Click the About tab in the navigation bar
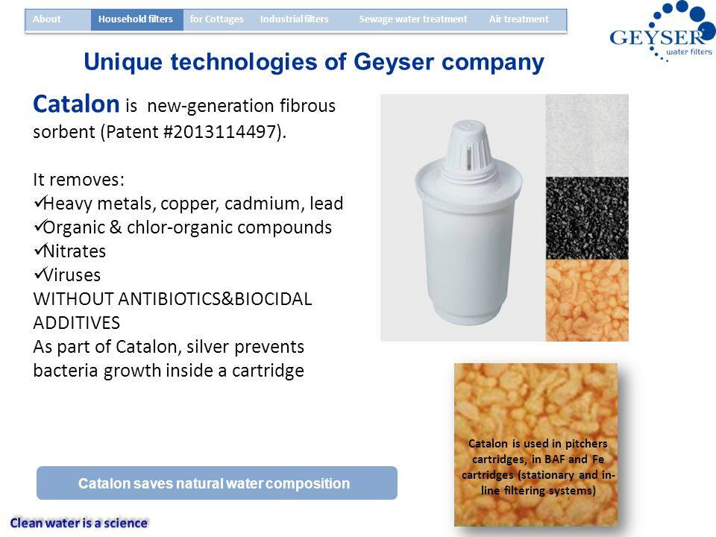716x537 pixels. [x=46, y=19]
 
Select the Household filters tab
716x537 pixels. [x=136, y=19]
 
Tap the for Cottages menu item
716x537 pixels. [x=216, y=19]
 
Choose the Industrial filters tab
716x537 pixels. [x=295, y=19]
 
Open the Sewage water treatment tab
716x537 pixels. [x=413, y=19]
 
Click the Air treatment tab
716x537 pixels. [x=519, y=19]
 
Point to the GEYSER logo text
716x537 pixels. [x=656, y=37]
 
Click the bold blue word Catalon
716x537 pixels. [x=76, y=104]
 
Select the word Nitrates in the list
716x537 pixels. [x=75, y=251]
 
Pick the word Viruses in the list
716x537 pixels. [x=72, y=275]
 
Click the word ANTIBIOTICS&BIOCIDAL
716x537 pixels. [x=215, y=299]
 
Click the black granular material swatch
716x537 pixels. [x=587, y=219]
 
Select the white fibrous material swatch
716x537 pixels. [x=587, y=136]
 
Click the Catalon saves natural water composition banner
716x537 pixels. [x=217, y=483]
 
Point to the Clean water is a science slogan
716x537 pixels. [x=79, y=523]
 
